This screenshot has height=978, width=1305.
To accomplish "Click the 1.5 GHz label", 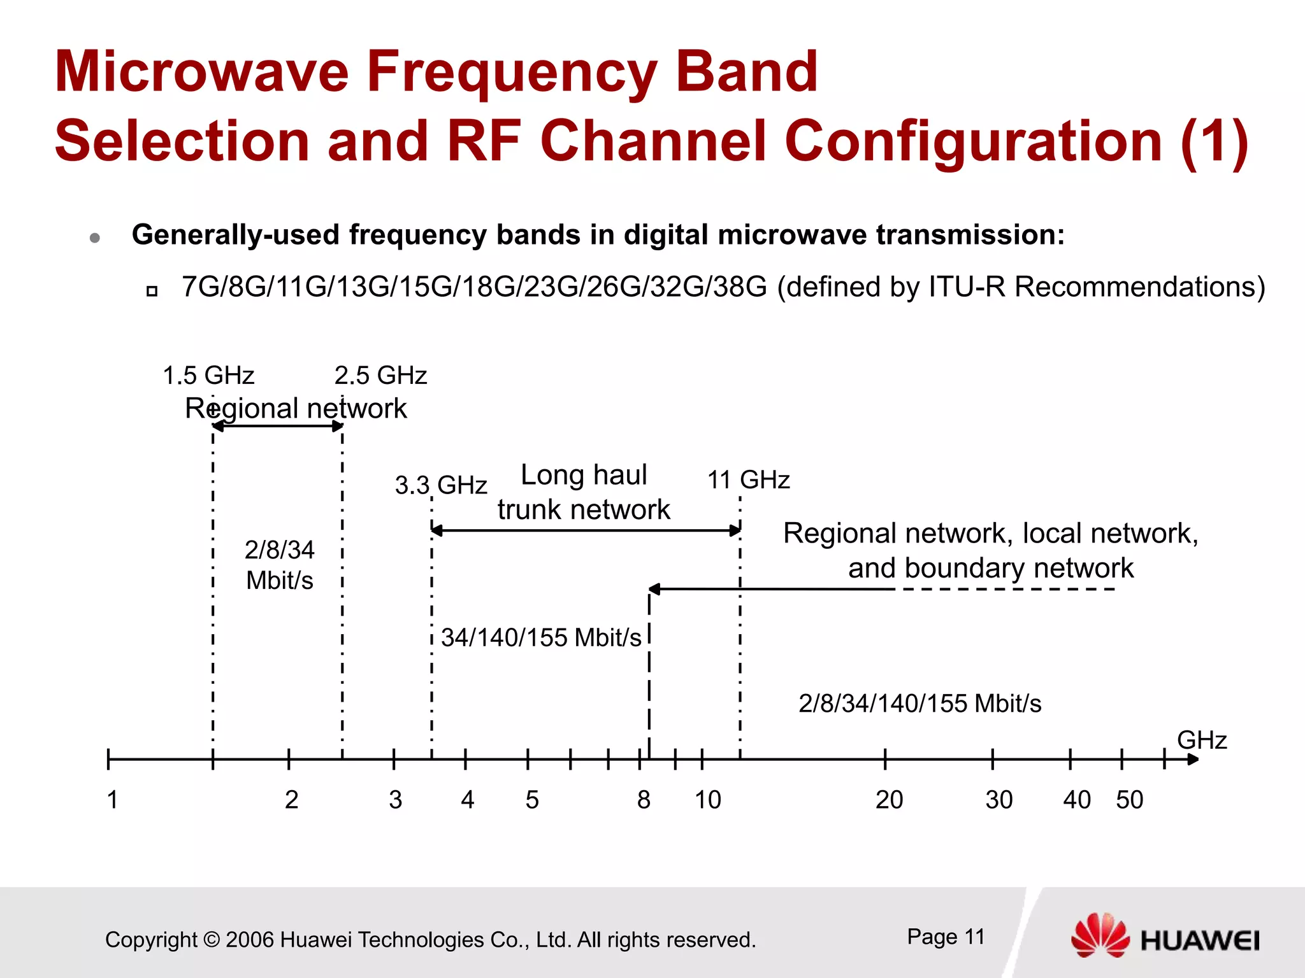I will [x=208, y=376].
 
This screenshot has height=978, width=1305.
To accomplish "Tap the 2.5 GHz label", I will [x=380, y=376].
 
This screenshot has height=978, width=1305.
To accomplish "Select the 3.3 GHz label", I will [x=441, y=485].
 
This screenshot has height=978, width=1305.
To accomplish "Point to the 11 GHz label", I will [x=749, y=480].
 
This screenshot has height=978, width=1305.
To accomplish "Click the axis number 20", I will [x=889, y=800].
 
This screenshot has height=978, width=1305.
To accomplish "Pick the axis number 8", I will [x=644, y=800].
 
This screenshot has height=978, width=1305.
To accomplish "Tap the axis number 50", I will [x=1129, y=800].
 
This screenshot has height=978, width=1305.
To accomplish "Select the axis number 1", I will [x=112, y=800].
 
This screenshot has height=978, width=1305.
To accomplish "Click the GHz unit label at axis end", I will [x=1202, y=741].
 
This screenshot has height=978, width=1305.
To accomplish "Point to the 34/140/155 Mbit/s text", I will [x=541, y=638].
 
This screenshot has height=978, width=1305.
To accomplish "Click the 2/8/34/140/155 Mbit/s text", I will [x=919, y=704].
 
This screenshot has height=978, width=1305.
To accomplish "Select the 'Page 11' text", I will [x=946, y=937].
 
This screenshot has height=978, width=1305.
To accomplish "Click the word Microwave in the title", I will [x=201, y=71].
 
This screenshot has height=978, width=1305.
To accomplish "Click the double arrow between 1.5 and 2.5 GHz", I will [x=278, y=426].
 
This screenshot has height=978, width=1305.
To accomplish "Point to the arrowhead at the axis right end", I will [x=1193, y=759].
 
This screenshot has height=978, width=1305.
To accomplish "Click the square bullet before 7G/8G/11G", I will [x=152, y=292].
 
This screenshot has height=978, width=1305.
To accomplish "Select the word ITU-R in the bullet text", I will [x=967, y=287].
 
